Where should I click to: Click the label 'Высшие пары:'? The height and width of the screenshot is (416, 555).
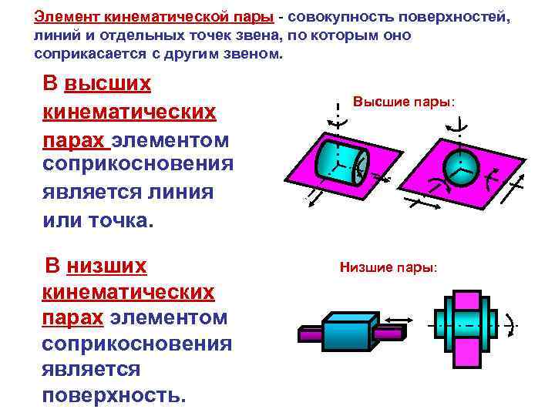403,102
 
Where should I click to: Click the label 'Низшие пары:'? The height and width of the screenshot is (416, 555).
388,269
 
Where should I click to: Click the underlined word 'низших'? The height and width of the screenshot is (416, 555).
106,267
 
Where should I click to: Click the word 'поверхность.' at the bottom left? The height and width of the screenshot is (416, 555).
113,396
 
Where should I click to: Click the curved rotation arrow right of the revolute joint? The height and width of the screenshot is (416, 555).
510,323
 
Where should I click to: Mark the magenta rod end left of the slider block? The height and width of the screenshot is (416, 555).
308,334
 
